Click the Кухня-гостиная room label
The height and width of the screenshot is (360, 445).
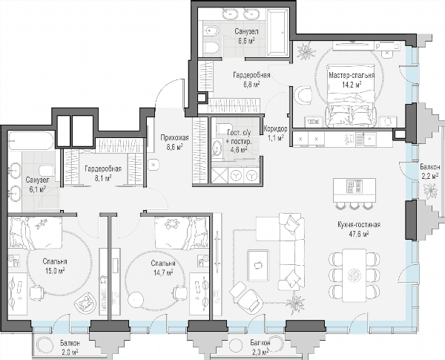[x=359, y=224]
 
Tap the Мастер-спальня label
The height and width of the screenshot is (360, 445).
[x=352, y=76]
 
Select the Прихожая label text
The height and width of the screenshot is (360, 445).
[x=174, y=138]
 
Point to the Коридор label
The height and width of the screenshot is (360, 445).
[x=275, y=129]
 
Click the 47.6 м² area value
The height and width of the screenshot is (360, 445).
[x=359, y=234]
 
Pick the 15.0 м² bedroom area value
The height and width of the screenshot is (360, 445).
[x=53, y=271]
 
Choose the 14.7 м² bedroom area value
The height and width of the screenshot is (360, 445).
[x=163, y=272]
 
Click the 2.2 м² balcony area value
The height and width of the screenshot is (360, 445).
[x=430, y=176]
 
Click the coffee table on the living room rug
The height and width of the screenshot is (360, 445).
[x=258, y=265]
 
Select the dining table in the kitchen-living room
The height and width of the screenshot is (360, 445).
[x=354, y=275]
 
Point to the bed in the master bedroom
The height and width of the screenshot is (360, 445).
[x=352, y=96]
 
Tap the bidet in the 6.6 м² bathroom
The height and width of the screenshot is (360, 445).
[x=211, y=30]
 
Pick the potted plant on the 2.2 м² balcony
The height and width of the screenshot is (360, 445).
[x=430, y=192]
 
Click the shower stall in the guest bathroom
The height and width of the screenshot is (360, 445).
[x=220, y=176]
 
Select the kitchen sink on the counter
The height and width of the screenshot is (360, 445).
[x=369, y=138]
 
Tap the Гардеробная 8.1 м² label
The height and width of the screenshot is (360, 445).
[x=103, y=174]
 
